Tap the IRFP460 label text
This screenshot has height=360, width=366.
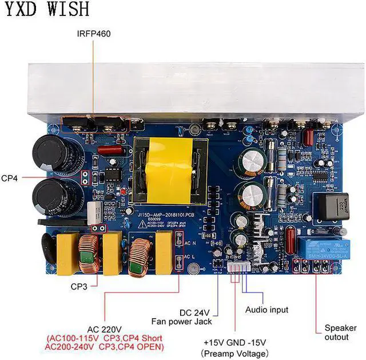94,34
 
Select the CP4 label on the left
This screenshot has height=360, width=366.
9,178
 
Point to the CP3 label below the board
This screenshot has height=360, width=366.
78,286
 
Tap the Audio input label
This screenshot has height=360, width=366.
266,310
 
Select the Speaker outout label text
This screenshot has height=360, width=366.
336,332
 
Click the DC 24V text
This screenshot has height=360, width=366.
194,312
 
